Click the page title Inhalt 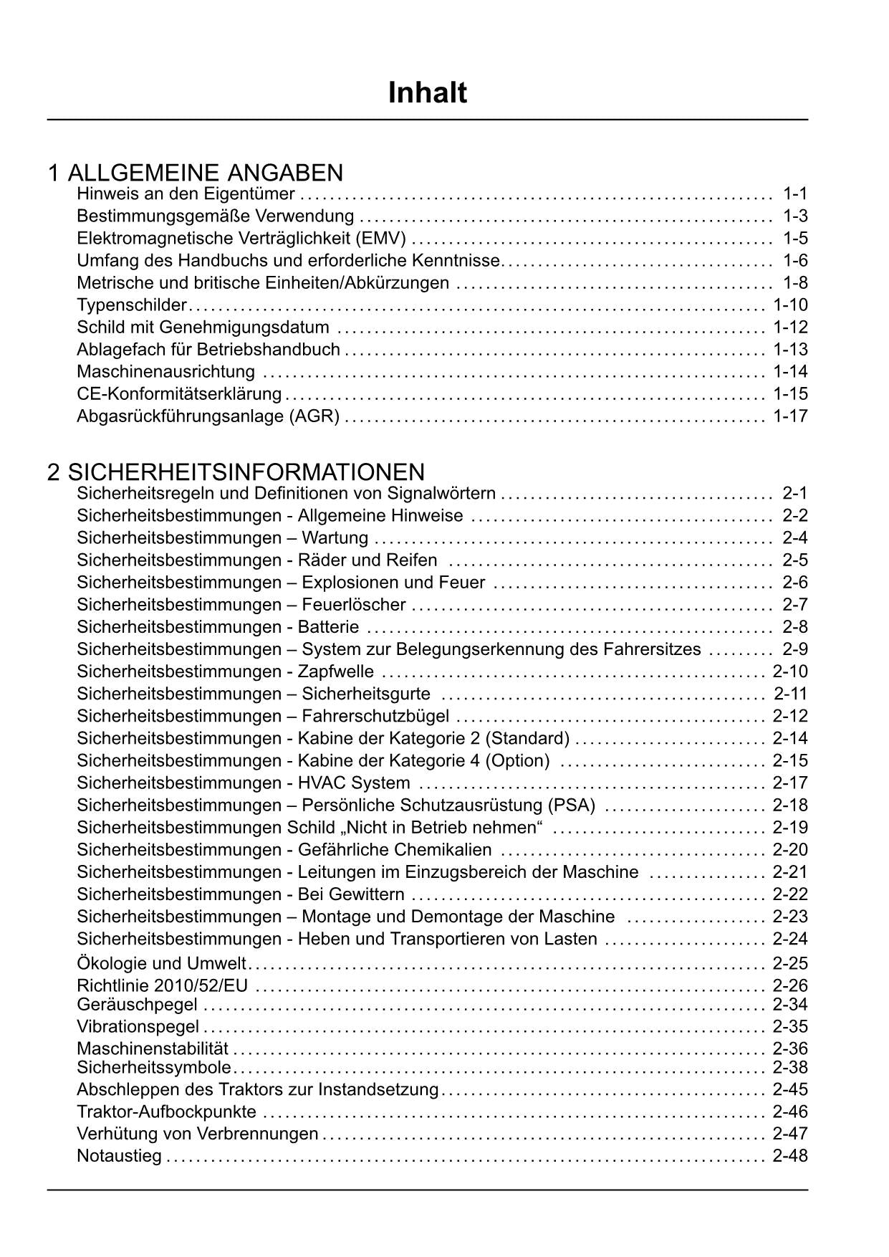click(x=428, y=93)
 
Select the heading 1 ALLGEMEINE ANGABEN click(x=195, y=173)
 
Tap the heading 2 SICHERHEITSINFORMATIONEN click(x=236, y=472)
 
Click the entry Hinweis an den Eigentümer click(x=186, y=193)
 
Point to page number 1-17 click(x=790, y=416)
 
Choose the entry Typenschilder click(x=132, y=305)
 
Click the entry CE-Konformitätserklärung click(x=179, y=393)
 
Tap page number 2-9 click(x=794, y=649)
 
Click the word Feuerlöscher click(x=354, y=605)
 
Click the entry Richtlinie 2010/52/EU click(x=162, y=986)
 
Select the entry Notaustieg click(x=119, y=1156)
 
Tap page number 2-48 click(x=790, y=1156)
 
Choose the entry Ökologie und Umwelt click(x=161, y=964)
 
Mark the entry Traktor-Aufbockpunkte click(x=166, y=1112)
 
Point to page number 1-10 click(x=790, y=305)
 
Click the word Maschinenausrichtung click(x=165, y=371)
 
